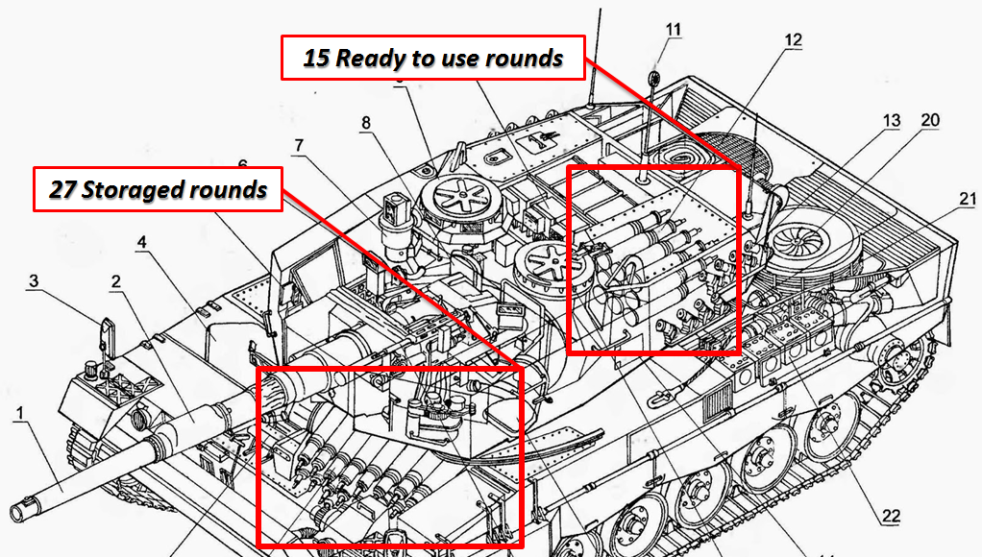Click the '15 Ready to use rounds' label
click(x=432, y=59)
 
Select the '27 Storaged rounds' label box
click(x=159, y=190)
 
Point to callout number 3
click(x=34, y=281)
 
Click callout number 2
click(x=116, y=281)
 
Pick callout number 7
click(x=299, y=146)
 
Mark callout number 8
click(x=365, y=123)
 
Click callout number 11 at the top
click(x=673, y=30)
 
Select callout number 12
click(x=793, y=40)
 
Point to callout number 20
click(x=929, y=120)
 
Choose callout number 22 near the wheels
click(x=892, y=517)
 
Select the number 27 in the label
click(x=63, y=190)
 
